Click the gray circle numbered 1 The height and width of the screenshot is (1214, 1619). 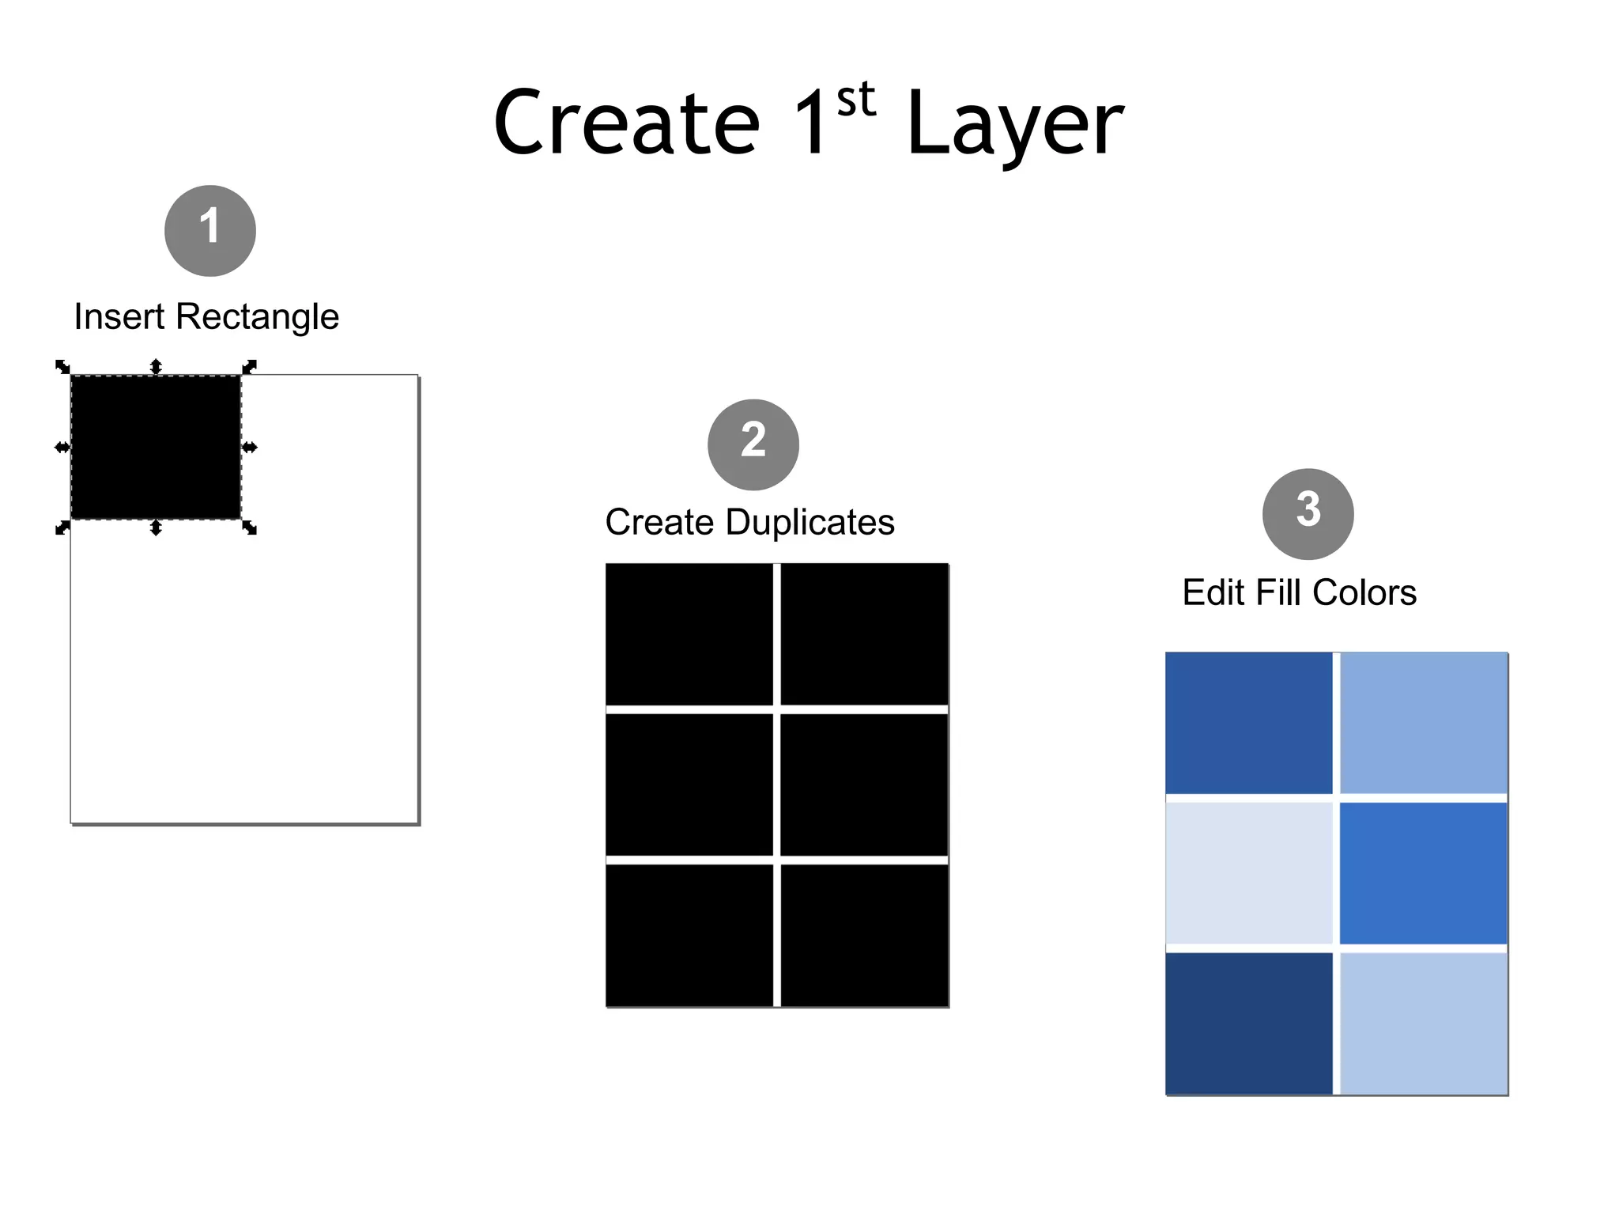209,231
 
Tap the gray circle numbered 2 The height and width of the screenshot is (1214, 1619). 753,444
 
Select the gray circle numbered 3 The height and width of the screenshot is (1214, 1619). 1308,514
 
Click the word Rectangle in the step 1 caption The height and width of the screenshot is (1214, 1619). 257,317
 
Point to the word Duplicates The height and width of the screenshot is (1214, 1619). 810,523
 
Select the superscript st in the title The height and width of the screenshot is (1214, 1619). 855,100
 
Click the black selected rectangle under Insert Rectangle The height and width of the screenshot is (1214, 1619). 156,448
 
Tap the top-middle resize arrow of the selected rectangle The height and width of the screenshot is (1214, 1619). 156,366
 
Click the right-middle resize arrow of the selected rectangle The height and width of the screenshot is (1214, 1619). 250,448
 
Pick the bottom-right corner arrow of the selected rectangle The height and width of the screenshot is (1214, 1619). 250,528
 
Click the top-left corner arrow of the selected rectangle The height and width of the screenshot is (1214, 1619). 62,367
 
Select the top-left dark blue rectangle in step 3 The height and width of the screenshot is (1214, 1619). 1248,723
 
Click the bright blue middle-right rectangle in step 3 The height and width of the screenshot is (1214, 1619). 1424,873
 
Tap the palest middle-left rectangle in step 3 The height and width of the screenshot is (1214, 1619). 1248,873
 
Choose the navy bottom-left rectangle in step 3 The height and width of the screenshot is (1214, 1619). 1248,1023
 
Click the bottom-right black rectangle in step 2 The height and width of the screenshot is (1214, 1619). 864,935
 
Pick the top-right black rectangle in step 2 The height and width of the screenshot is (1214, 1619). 864,633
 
